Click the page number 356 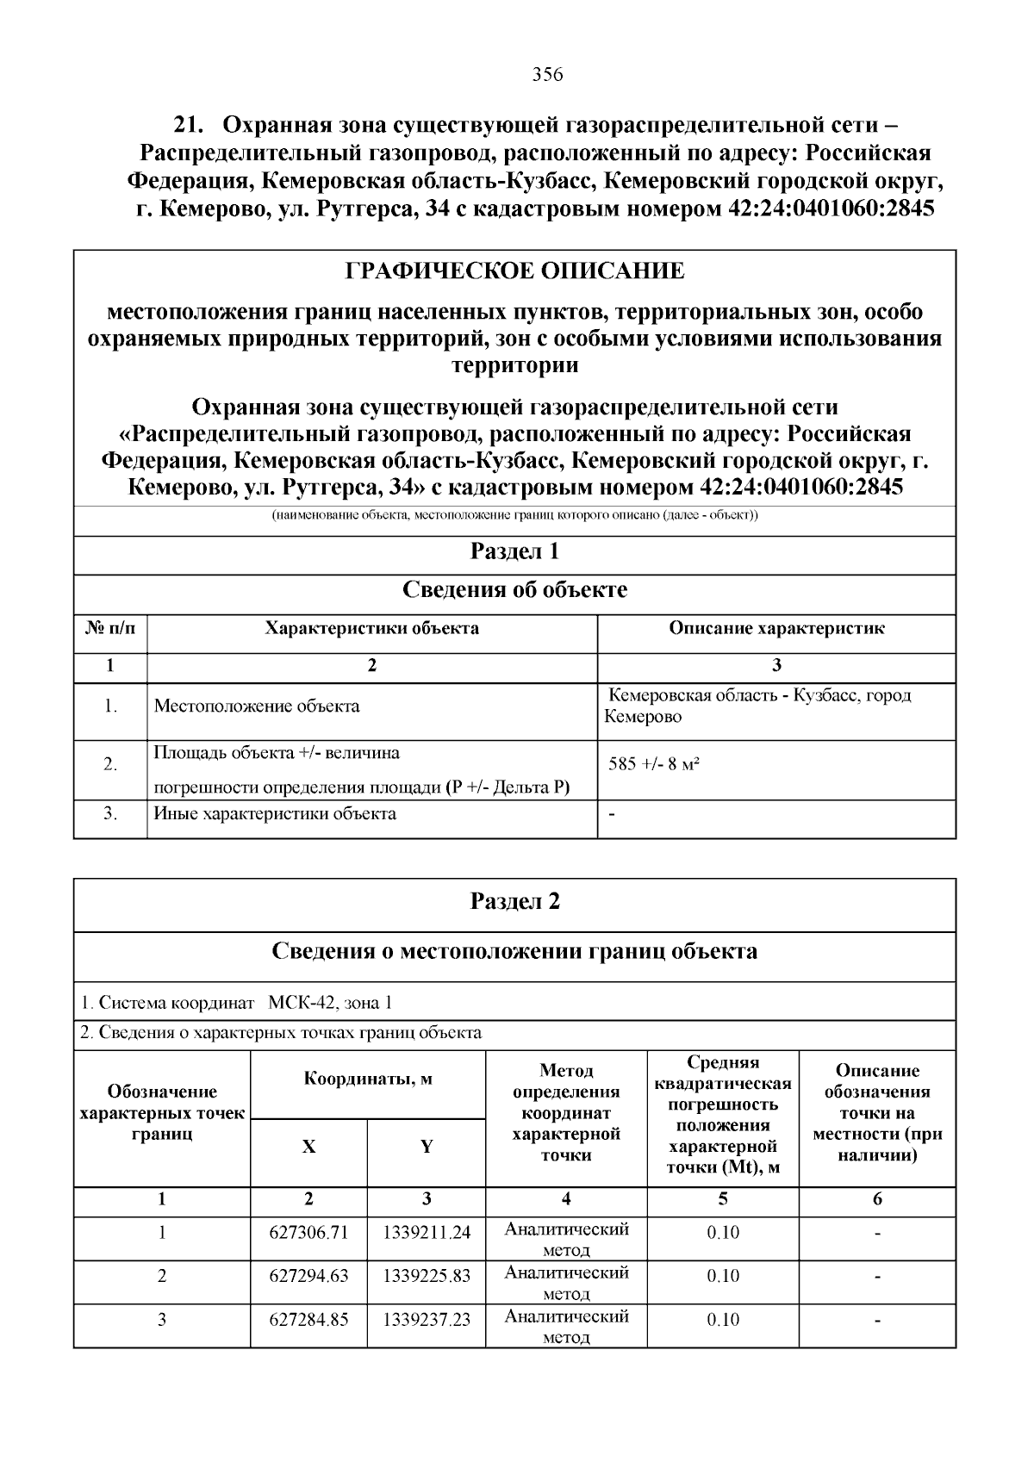coord(547,75)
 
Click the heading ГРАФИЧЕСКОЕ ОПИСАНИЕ coord(514,271)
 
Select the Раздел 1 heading coord(514,551)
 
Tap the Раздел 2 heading coord(514,901)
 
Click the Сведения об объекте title coord(514,590)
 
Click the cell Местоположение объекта coord(257,706)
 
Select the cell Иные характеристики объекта coord(275,813)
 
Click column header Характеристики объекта coord(371,628)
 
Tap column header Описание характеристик coord(776,628)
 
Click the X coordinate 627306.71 coord(308,1232)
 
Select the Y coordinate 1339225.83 coord(427,1276)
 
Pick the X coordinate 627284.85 coord(308,1320)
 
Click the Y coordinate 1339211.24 coord(427,1232)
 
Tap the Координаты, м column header coord(368,1079)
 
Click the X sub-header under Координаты coord(308,1147)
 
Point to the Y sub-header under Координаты coord(427,1147)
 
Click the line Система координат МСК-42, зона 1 coord(237,1003)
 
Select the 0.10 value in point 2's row coord(723,1276)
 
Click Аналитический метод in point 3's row coord(566,1327)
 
